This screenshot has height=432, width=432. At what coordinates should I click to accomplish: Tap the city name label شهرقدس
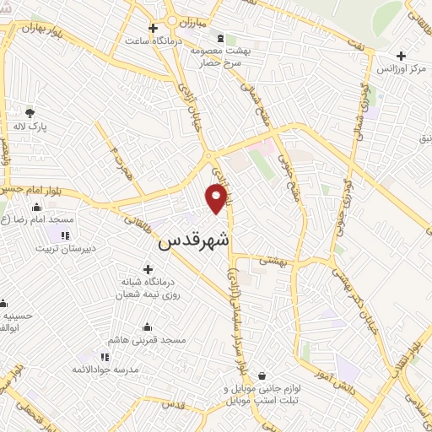(x=193, y=241)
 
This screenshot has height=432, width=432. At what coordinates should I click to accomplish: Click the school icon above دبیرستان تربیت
(x=65, y=234)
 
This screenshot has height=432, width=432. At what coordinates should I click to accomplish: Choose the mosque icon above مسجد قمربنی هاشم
(x=147, y=327)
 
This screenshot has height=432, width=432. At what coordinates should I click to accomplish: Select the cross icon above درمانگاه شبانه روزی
(x=148, y=268)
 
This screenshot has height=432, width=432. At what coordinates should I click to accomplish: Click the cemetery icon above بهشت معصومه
(x=221, y=39)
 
